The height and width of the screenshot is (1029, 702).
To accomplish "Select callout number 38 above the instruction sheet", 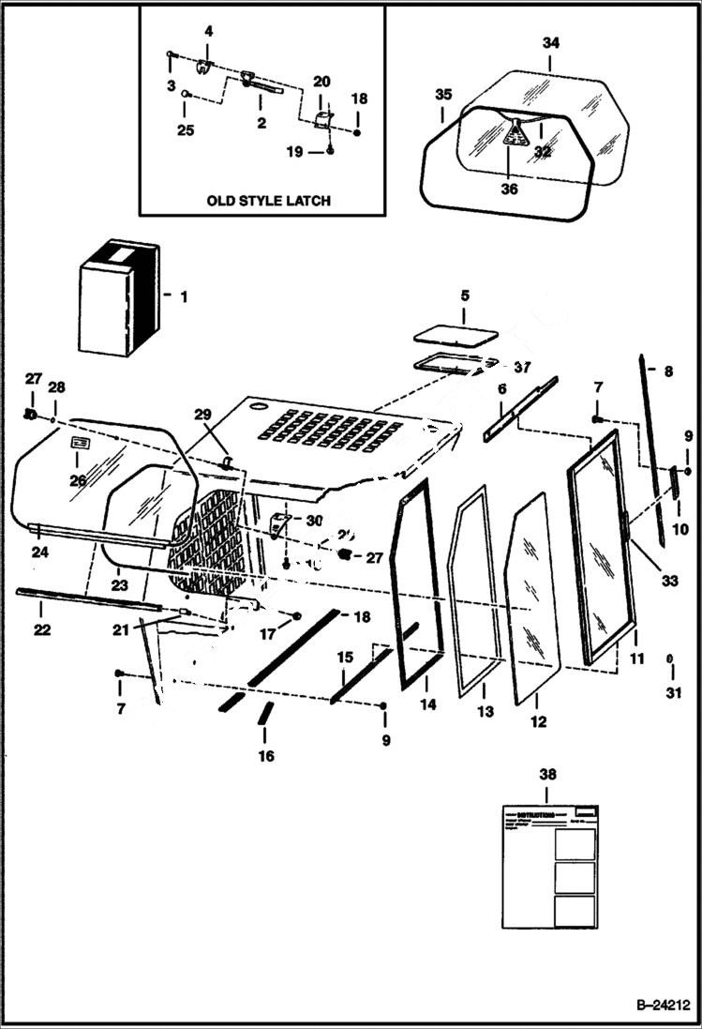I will pyautogui.click(x=547, y=774).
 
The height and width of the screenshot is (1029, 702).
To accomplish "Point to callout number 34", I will pyautogui.click(x=550, y=42).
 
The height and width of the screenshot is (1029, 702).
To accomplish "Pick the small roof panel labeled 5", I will pyautogui.click(x=457, y=335).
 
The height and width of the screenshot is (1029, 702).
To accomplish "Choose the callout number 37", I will pyautogui.click(x=522, y=366).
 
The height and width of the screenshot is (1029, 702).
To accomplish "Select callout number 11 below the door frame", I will pyautogui.click(x=636, y=659).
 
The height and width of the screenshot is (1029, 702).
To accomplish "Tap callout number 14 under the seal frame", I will pyautogui.click(x=428, y=704).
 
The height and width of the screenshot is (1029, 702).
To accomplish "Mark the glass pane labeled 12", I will pyautogui.click(x=532, y=600).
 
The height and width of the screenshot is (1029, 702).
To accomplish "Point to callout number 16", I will pyautogui.click(x=266, y=756).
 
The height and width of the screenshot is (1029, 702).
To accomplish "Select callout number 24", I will pyautogui.click(x=38, y=552).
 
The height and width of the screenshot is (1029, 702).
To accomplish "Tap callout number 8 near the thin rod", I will pyautogui.click(x=668, y=371).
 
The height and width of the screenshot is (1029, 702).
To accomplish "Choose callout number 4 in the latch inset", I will pyautogui.click(x=208, y=32).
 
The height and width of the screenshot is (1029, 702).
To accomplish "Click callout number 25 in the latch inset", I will pyautogui.click(x=186, y=130).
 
